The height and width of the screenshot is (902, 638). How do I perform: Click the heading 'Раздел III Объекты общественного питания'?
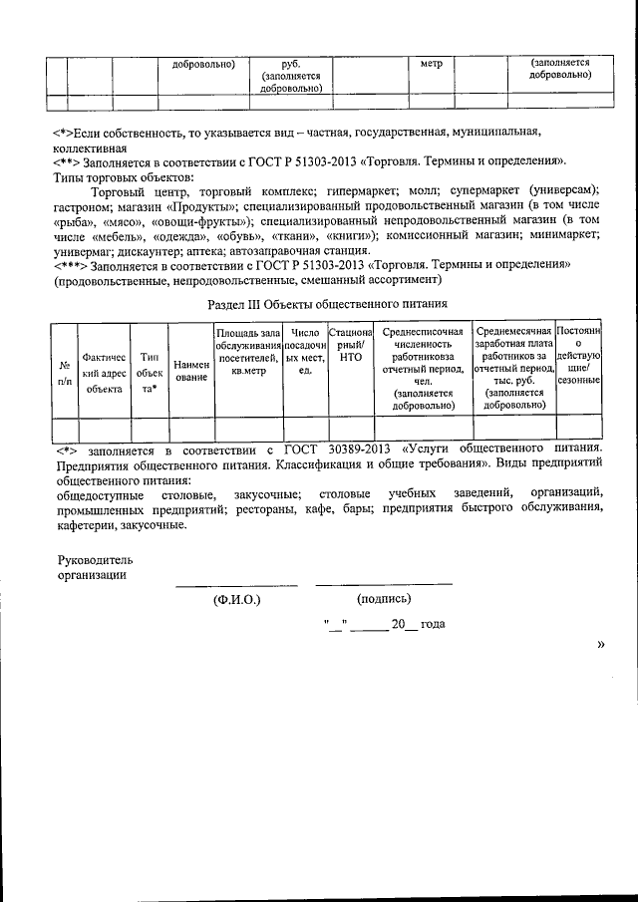[326, 303]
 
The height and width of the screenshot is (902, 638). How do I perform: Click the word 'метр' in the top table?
[431, 63]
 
